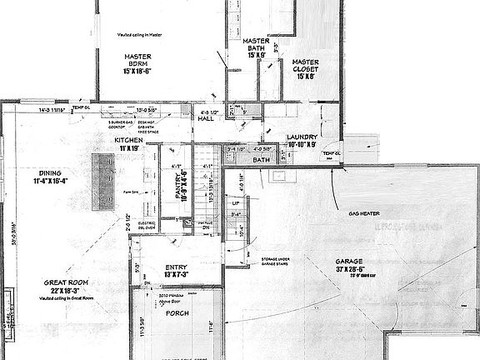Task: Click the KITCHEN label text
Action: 127,140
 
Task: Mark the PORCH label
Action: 177,313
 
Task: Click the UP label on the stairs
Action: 236,203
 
